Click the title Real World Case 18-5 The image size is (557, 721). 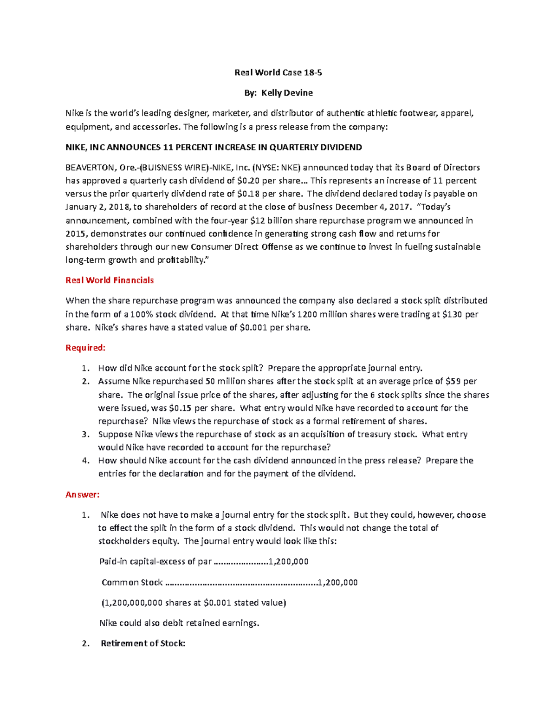click(x=278, y=72)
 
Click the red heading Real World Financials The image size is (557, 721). click(x=110, y=280)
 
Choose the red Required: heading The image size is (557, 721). click(x=85, y=348)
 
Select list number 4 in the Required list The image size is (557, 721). click(x=85, y=461)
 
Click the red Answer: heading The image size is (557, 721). click(x=83, y=495)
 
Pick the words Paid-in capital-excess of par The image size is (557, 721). click(x=155, y=562)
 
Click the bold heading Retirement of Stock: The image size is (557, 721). click(x=143, y=643)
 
